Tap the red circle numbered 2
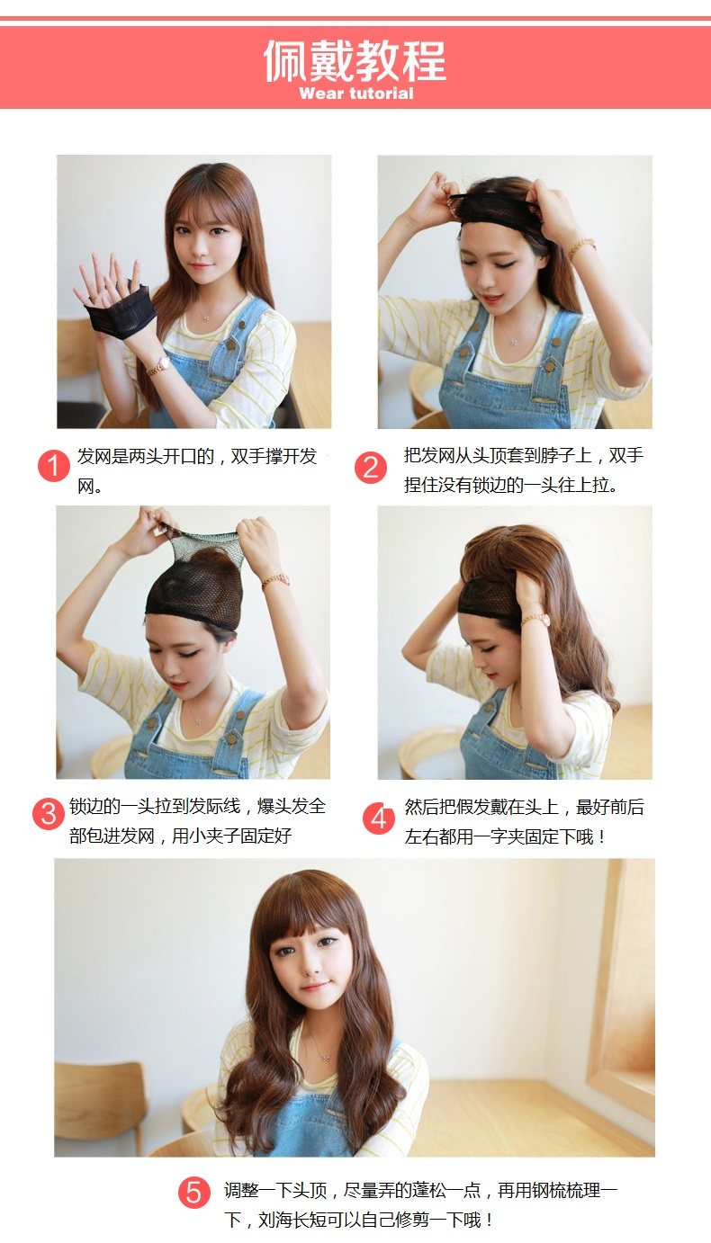[371, 467]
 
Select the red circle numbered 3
[49, 814]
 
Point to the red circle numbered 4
[379, 818]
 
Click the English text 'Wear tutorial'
[356, 93]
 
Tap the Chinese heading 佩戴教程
[355, 60]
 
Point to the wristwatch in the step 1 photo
[157, 366]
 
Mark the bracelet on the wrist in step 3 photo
[275, 580]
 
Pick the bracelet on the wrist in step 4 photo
[535, 619]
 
